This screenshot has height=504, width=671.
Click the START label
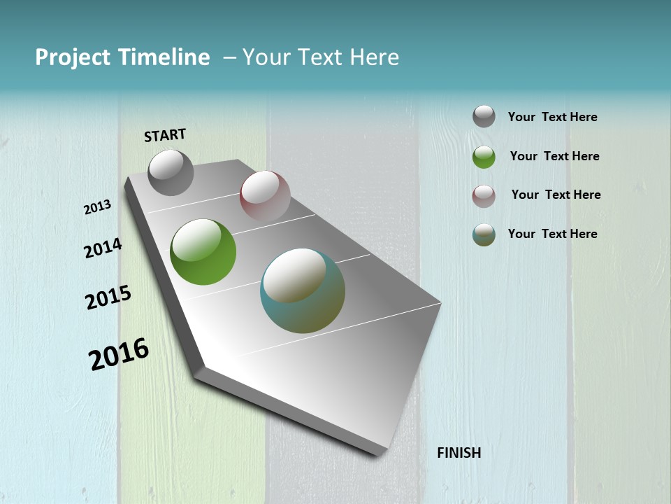(165, 135)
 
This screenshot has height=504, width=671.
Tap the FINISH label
(459, 453)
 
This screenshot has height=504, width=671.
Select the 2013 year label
(97, 207)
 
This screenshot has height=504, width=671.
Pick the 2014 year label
(103, 248)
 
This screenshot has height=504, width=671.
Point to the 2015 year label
(108, 297)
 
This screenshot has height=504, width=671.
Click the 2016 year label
(119, 354)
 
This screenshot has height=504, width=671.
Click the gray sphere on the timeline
(171, 172)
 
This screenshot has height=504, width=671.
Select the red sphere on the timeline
(265, 196)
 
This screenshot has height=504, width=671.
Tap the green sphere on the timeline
(203, 252)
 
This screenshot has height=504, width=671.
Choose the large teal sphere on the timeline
(303, 290)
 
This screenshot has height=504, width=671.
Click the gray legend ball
(484, 116)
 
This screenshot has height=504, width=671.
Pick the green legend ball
(484, 157)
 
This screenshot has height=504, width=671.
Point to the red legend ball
(484, 196)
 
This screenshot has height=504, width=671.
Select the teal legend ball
(484, 234)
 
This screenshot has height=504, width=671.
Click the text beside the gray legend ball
(552, 117)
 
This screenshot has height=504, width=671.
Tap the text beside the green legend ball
(554, 156)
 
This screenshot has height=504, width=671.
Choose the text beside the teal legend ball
(552, 234)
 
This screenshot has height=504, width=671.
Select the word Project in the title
(72, 57)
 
